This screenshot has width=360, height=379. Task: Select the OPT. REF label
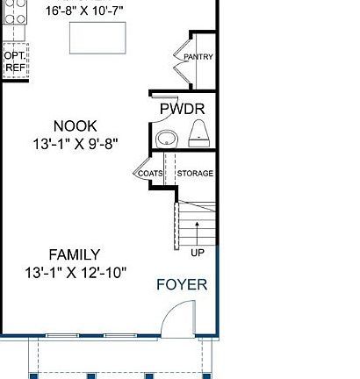pos(15,61)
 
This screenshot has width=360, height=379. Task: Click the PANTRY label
pos(198,57)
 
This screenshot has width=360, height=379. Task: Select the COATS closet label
pos(149,173)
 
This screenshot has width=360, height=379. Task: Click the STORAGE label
pos(195,173)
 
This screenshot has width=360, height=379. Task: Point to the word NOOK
pos(75,125)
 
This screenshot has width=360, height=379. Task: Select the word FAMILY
pos(75,254)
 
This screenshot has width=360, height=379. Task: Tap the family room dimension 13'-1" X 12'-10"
pos(76,272)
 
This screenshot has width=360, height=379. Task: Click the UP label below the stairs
pos(198,253)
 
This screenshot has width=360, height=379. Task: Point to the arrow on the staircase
pos(198,231)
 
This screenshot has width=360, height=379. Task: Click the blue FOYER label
pos(182,284)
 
